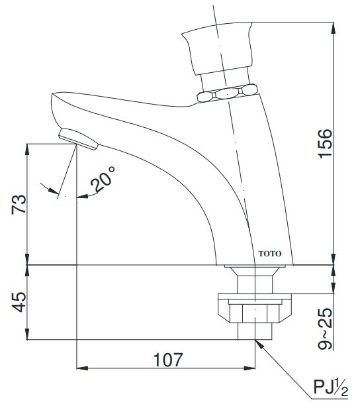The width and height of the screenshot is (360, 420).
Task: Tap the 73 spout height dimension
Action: (x=19, y=203)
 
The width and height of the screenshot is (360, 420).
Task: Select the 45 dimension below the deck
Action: (x=19, y=302)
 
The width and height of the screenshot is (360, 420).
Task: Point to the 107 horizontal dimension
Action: (x=168, y=358)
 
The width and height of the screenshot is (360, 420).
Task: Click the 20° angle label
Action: (x=103, y=180)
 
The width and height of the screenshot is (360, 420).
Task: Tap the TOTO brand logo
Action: (x=269, y=254)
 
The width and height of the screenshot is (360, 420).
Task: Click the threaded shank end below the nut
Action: (x=255, y=331)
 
